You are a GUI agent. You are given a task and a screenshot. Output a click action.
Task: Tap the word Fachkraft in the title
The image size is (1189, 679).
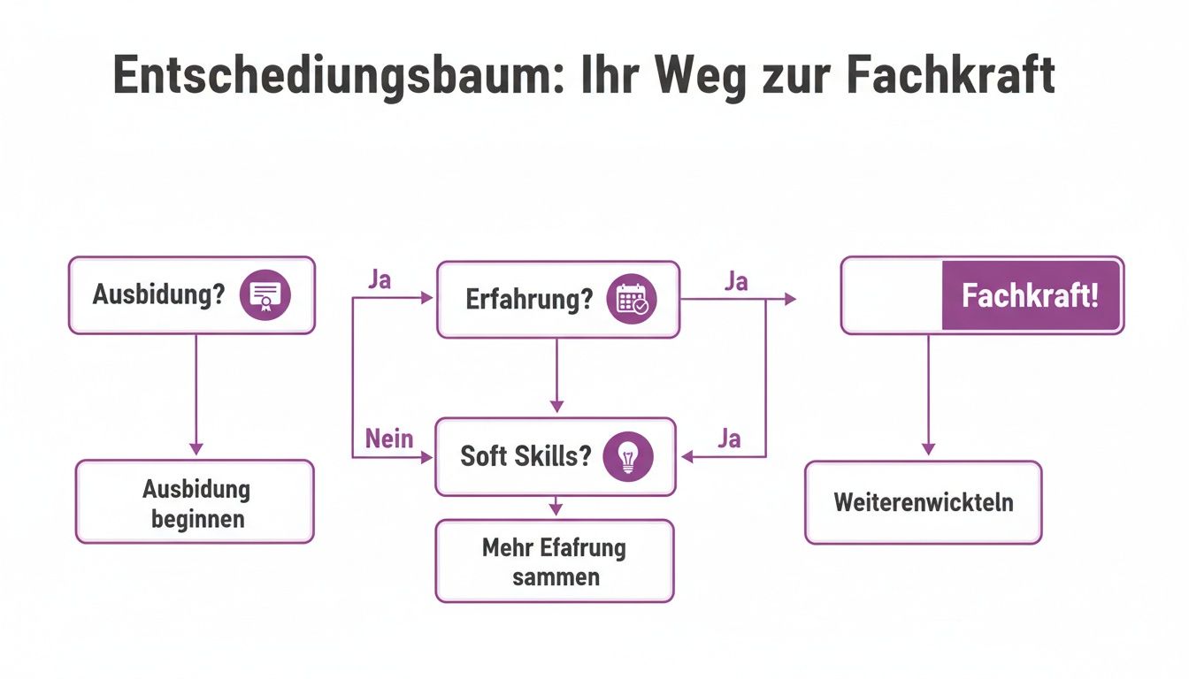pos(951,76)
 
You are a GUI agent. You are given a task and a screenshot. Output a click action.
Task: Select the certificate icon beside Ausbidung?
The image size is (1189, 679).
pos(265,294)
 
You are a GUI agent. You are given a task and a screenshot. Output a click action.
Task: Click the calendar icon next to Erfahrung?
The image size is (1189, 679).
pos(632,298)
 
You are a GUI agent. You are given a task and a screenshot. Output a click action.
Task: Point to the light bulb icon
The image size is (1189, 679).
pos(627,456)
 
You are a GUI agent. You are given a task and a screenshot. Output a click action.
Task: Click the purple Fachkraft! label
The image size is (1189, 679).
pos(1031,295)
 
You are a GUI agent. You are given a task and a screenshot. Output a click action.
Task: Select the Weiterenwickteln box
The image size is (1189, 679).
pos(923,502)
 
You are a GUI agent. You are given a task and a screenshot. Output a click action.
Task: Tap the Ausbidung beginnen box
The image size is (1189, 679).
pos(195,501)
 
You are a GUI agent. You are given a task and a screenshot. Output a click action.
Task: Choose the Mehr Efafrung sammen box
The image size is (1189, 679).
pos(554,561)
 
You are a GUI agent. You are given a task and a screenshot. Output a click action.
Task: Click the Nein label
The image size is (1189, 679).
pos(389,439)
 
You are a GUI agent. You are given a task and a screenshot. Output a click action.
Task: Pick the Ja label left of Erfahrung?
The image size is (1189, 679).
pos(379,280)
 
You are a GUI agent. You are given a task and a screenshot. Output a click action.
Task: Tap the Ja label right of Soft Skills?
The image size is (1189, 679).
pos(729,439)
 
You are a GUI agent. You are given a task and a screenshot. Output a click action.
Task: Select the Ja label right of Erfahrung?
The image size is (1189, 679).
pos(735,281)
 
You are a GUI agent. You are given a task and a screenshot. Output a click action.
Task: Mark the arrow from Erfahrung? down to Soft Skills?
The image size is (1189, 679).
pos(556,376)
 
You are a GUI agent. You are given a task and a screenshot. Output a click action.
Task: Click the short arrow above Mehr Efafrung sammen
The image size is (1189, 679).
pos(555,507)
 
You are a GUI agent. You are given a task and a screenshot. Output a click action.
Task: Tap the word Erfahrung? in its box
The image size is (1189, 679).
pos(529,299)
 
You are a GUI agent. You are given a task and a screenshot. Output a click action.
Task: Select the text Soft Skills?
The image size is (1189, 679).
pos(525,456)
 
